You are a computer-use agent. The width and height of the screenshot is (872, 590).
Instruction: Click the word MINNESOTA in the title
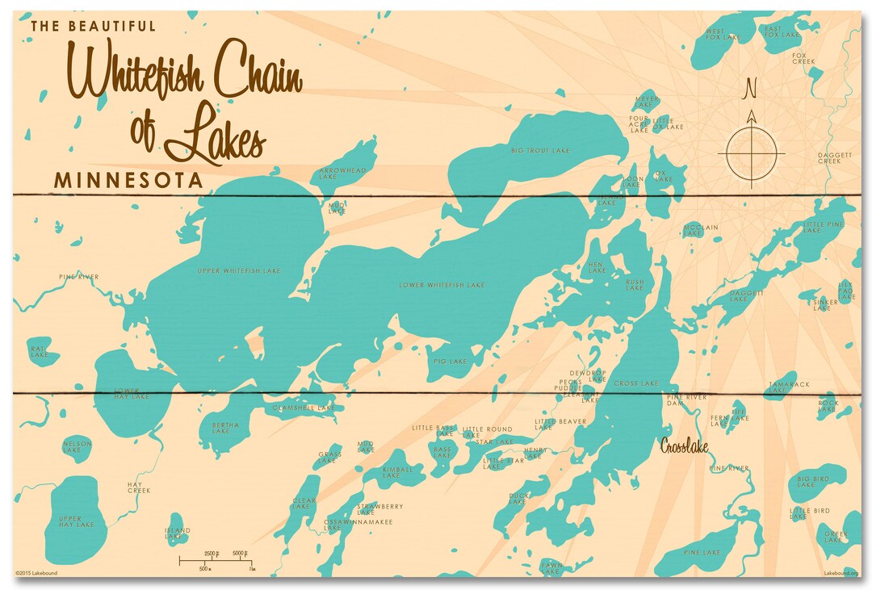pos(128,180)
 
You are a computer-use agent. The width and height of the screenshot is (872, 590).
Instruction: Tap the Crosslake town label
pos(685,445)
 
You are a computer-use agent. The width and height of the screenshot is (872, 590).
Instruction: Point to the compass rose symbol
pos(751,152)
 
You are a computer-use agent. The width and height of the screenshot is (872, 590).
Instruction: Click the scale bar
pos(217,559)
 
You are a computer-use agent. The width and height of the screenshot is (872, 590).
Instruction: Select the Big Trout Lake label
pos(540,150)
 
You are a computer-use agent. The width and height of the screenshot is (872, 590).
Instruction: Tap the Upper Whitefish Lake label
pos(239,271)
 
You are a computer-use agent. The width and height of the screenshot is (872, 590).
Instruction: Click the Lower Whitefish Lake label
pos(442,285)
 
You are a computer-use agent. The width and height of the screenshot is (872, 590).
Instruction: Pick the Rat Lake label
pos(37,351)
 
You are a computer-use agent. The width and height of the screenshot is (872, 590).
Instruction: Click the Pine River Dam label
pos(686,400)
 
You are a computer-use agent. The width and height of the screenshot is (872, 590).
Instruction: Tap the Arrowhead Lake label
pos(342,174)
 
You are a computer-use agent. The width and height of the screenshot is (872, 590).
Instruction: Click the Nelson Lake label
pos(77,446)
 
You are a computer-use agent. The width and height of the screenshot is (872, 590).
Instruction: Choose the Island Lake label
pos(178,534)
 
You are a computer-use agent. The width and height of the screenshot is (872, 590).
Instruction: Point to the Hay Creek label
pos(139,487)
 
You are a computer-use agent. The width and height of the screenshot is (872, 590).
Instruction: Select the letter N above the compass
pos(751,86)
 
